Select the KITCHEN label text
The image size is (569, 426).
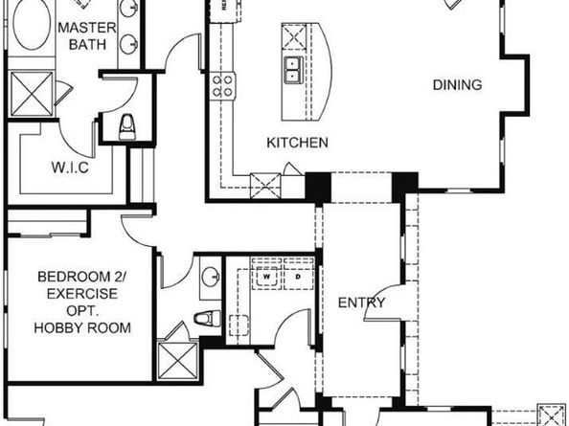(x=297, y=143)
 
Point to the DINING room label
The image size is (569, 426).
(x=457, y=85)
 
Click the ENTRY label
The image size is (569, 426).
(x=362, y=303)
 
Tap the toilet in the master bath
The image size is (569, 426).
(x=127, y=124)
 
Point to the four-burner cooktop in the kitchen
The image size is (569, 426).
(x=224, y=85)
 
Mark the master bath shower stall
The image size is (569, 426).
(x=27, y=98)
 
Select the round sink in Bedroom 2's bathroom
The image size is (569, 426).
(x=211, y=279)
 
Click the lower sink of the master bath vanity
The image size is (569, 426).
(x=128, y=45)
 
